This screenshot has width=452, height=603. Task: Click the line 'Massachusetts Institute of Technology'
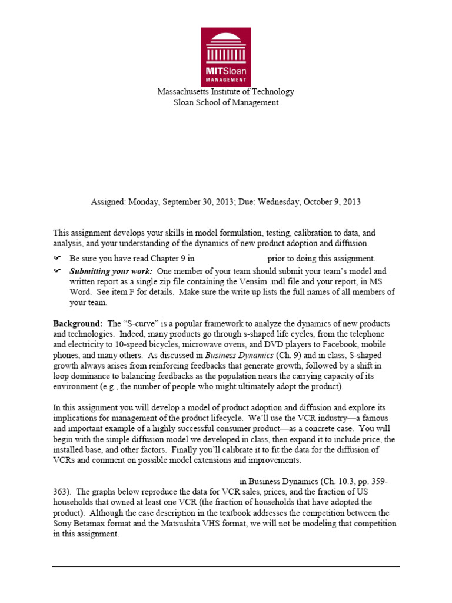225,92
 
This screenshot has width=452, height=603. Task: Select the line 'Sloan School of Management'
225,102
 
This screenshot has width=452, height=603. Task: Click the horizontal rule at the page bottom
225,567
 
